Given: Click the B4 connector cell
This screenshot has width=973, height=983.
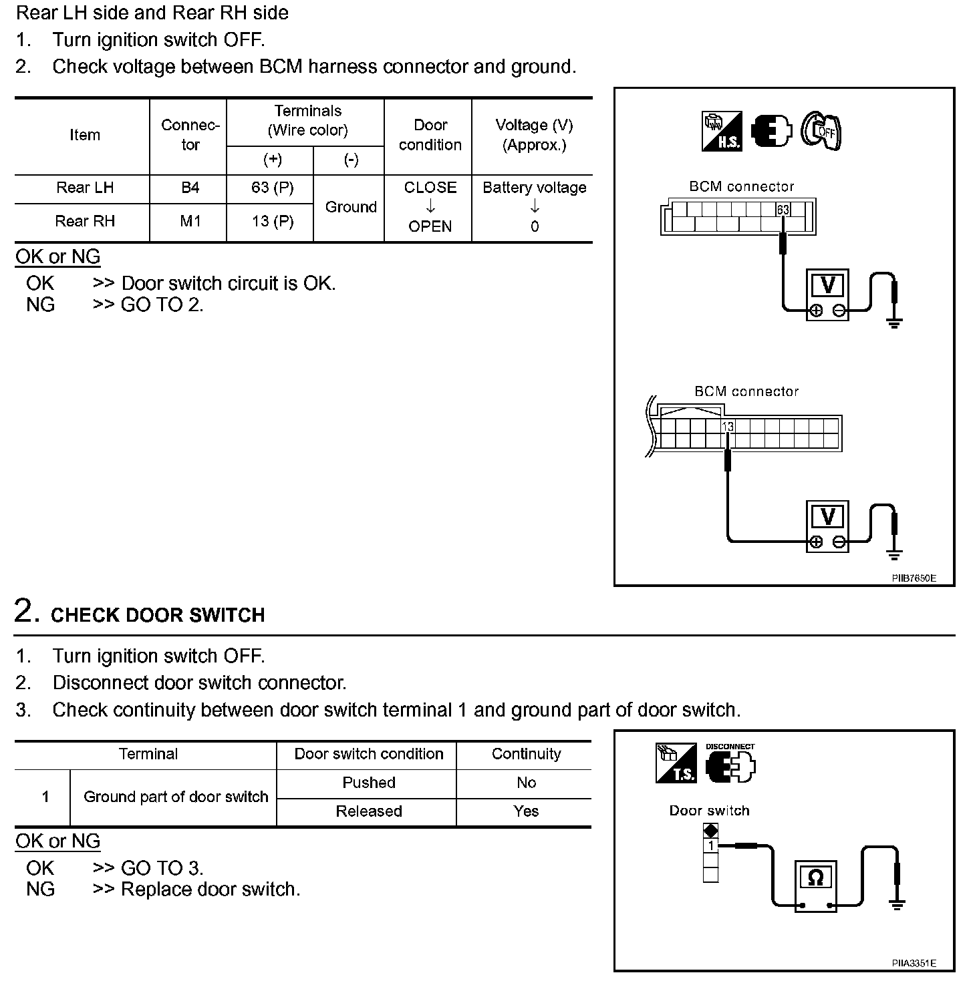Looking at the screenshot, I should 190,188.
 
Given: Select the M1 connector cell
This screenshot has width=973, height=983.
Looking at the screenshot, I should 190,221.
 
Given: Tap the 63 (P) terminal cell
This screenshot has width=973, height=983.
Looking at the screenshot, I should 272,188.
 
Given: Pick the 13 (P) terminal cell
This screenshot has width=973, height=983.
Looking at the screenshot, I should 272,221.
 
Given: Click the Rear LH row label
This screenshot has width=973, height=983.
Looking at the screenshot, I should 85,188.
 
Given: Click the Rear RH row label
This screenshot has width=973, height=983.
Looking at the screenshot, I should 85,221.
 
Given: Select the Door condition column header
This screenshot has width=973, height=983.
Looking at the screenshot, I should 430,135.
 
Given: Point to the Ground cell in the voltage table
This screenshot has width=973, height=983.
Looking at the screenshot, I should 351,207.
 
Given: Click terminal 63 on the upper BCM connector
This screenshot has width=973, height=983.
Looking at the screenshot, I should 783,210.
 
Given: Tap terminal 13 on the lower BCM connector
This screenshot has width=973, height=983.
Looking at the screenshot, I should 728,426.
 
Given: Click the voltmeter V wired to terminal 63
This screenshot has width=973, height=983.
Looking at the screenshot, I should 827,286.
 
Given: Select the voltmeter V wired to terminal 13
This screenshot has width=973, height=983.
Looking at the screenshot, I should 827,517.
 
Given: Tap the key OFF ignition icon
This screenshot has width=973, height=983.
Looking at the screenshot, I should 821,130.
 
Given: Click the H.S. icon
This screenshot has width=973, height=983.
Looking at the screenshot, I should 722,131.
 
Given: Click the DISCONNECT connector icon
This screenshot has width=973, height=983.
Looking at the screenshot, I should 730,765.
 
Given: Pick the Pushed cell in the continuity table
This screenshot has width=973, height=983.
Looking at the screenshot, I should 369,783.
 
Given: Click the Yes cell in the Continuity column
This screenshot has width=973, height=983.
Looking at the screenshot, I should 526,811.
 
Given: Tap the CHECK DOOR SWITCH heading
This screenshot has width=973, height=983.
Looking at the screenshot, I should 158,615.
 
